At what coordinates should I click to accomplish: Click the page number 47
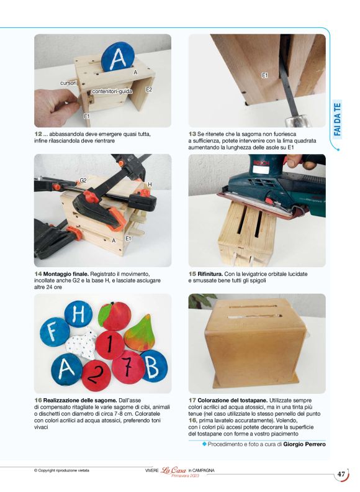coord(341,474)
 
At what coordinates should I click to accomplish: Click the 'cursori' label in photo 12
coord(68,83)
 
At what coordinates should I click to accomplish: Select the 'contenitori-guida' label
coord(112,91)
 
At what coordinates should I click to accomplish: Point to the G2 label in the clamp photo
coord(83,180)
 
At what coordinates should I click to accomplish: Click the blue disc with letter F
coord(55,332)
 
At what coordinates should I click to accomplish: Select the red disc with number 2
coord(96,375)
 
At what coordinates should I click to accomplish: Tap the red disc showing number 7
coord(128,367)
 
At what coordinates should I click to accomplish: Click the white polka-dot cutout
coord(81,343)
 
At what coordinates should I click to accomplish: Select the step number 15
coord(192,274)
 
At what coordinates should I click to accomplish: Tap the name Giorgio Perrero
coord(304,444)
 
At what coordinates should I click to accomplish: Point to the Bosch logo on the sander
coord(259,163)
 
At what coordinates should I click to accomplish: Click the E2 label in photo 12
coord(149,89)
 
